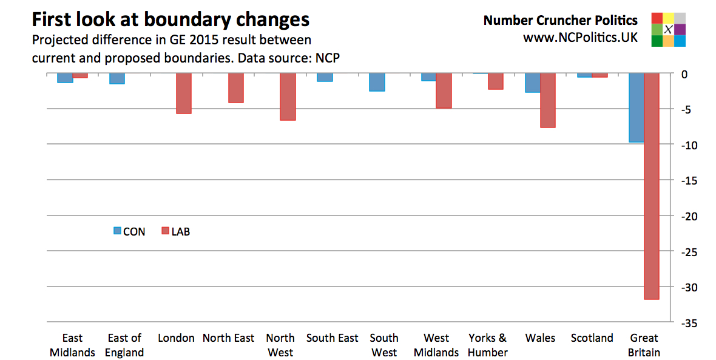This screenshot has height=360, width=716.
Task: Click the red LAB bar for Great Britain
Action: pyautogui.click(x=651, y=186)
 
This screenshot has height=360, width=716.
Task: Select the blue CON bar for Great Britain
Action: pyautogui.click(x=636, y=108)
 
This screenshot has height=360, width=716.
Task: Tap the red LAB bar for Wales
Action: pyautogui.click(x=548, y=101)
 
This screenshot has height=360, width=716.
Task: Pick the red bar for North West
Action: pyautogui.click(x=288, y=97)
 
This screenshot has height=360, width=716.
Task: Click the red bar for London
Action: pyautogui.click(x=184, y=93)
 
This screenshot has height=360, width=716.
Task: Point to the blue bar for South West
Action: pyautogui.click(x=377, y=83)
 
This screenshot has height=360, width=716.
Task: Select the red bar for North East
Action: pyautogui.click(x=236, y=88)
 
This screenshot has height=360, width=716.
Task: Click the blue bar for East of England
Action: pyautogui.click(x=117, y=79)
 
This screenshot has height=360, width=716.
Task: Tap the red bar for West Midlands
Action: pyautogui.click(x=444, y=91)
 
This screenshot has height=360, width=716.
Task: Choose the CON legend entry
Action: pyautogui.click(x=129, y=231)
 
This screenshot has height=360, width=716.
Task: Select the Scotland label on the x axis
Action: pyautogui.click(x=592, y=338)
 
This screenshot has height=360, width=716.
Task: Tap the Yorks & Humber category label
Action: pyautogui.click(x=487, y=345)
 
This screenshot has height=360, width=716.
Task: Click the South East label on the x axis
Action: pyautogui.click(x=332, y=338)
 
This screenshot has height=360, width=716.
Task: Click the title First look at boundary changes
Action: pyautogui.click(x=171, y=19)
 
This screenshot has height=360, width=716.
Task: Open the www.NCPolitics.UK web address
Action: pyautogui.click(x=580, y=37)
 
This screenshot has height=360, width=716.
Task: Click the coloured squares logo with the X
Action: pyautogui.click(x=668, y=29)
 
